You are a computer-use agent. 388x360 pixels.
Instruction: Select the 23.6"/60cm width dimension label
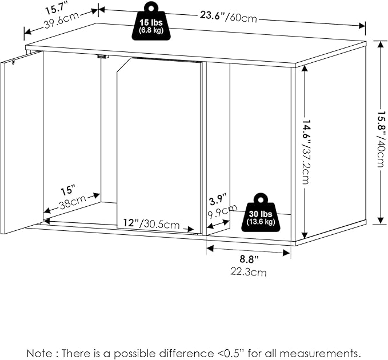229,17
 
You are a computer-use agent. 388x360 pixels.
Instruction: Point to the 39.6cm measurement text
62,20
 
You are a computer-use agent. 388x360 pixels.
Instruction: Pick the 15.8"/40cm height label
382,139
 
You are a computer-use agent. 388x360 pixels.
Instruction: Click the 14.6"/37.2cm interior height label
306,152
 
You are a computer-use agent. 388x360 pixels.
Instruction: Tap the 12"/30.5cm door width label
151,224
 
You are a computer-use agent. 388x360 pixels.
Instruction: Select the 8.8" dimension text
249,259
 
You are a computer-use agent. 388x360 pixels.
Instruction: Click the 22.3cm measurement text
249,272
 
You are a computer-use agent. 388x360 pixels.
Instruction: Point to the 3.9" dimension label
218,200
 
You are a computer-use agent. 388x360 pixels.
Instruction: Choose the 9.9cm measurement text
222,211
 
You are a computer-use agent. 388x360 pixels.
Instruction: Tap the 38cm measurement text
73,202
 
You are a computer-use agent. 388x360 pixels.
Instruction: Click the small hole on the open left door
13,62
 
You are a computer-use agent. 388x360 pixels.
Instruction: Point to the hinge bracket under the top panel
103,57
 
